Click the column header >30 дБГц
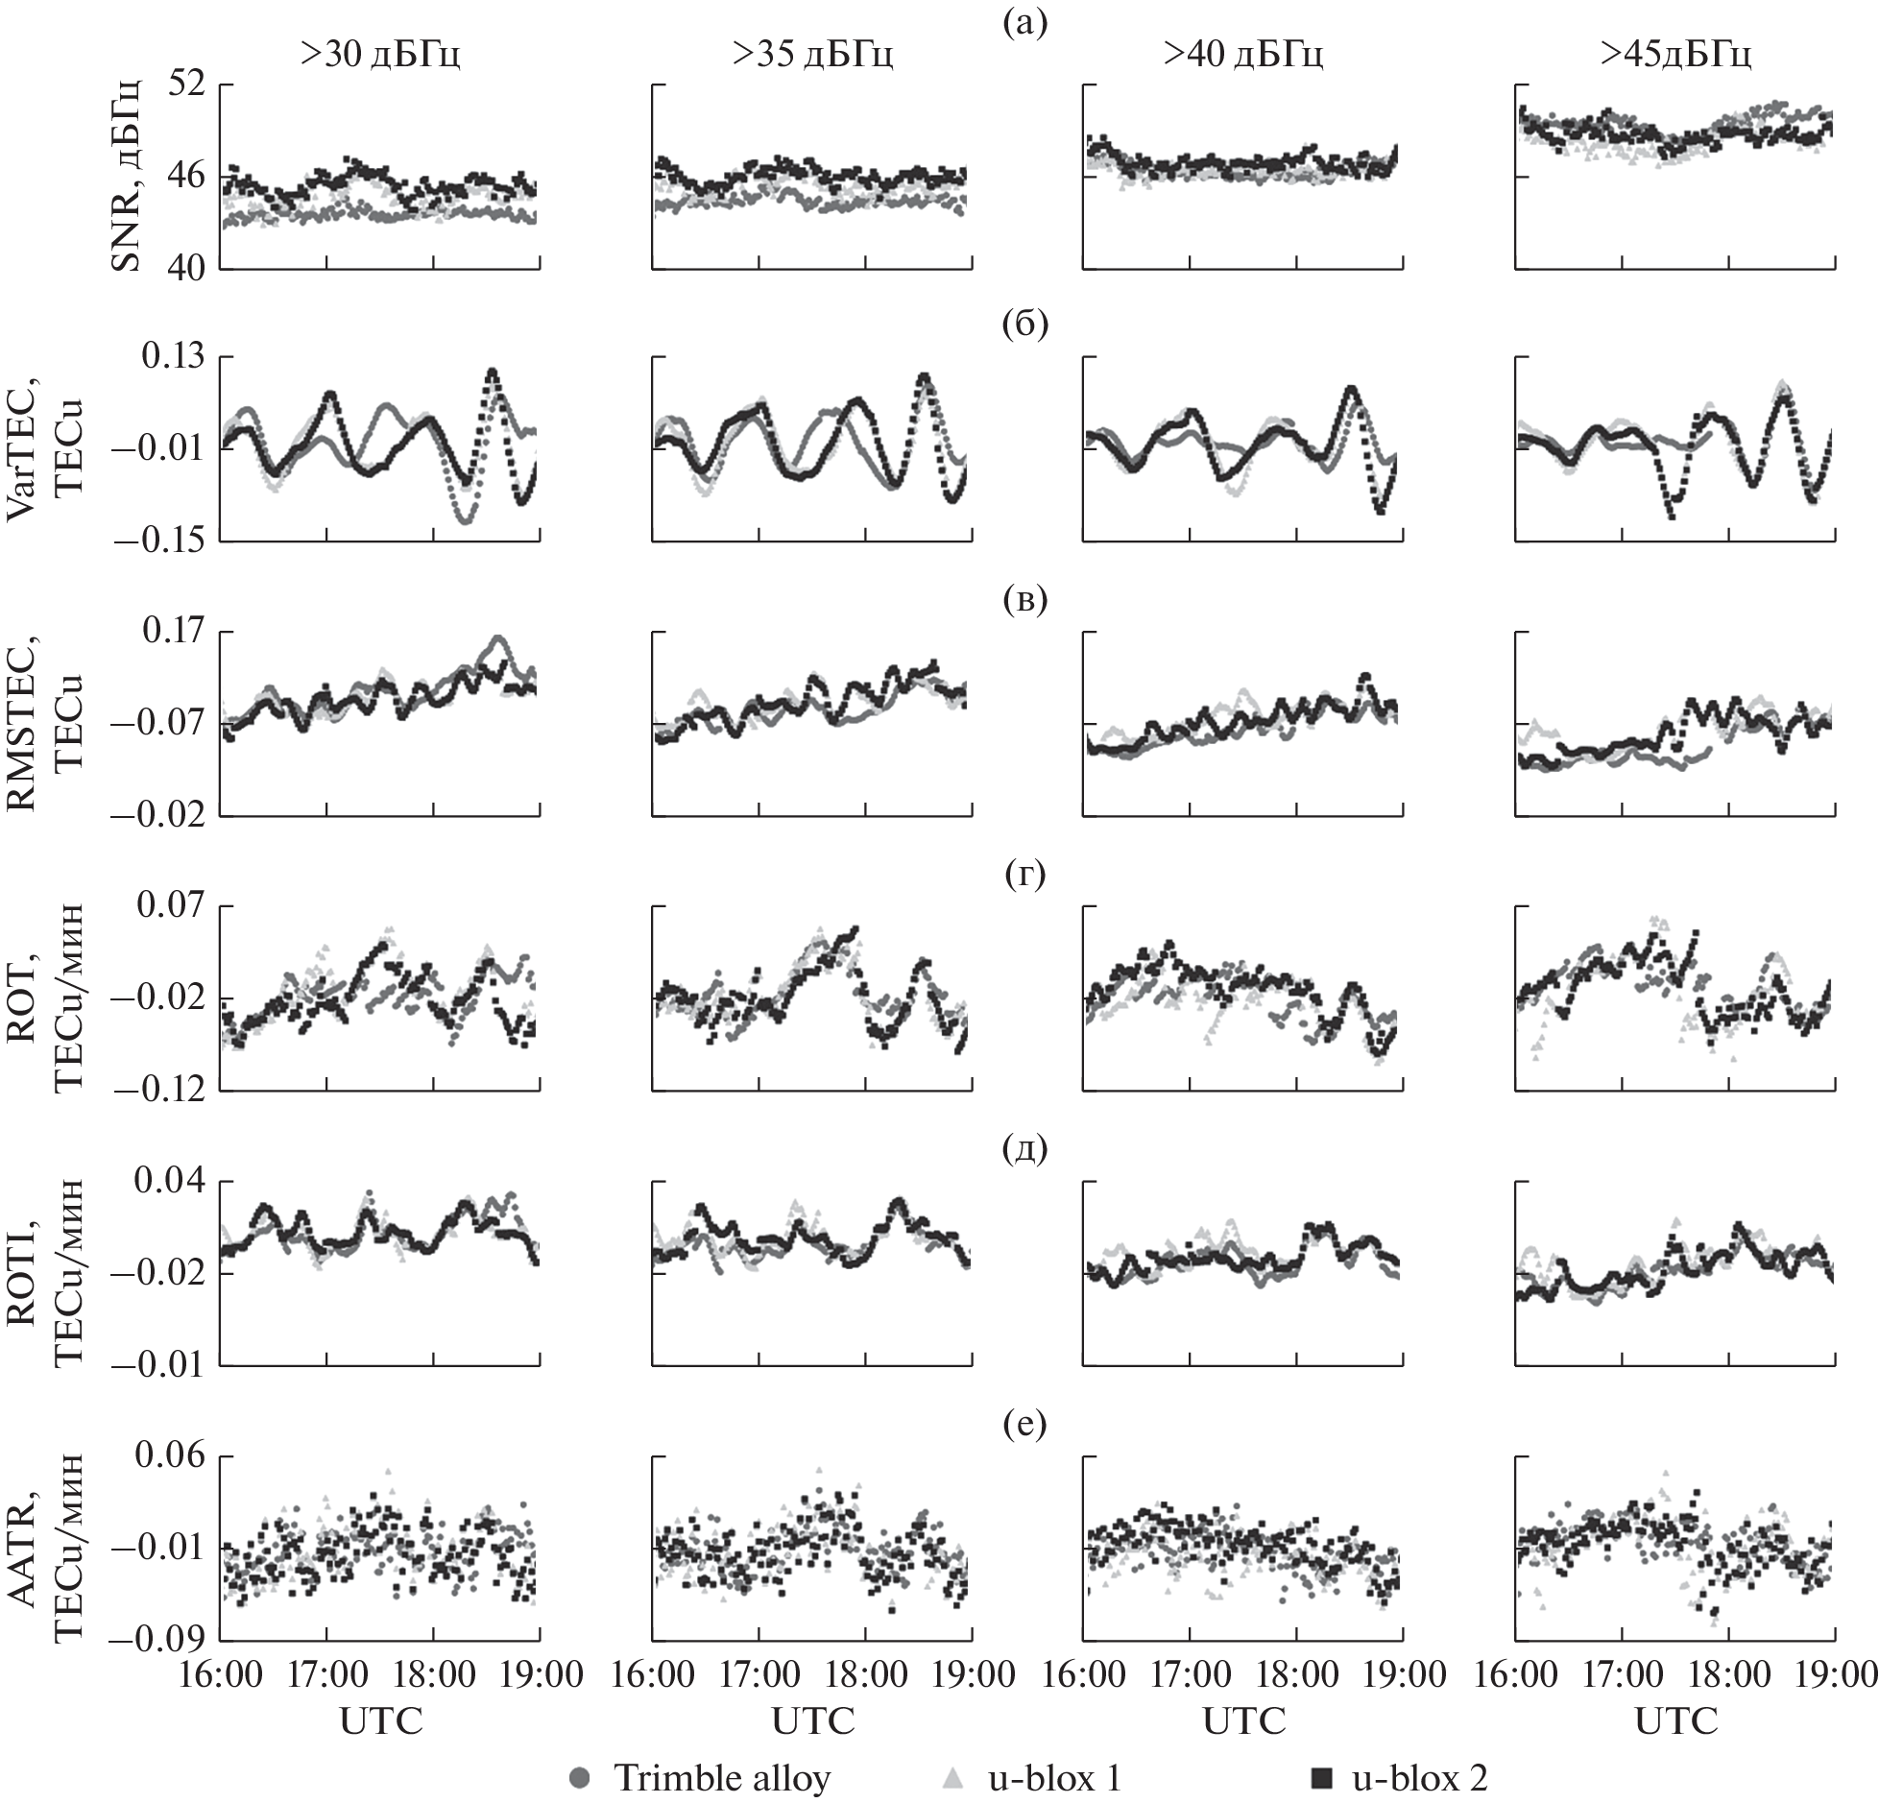(x=380, y=56)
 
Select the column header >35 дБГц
(x=812, y=56)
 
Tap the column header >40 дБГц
(x=1243, y=56)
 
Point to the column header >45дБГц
(x=1675, y=56)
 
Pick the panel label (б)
(x=1025, y=324)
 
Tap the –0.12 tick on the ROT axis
(x=159, y=1091)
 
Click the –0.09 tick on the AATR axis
(x=159, y=1640)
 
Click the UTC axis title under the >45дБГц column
(x=1675, y=1720)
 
